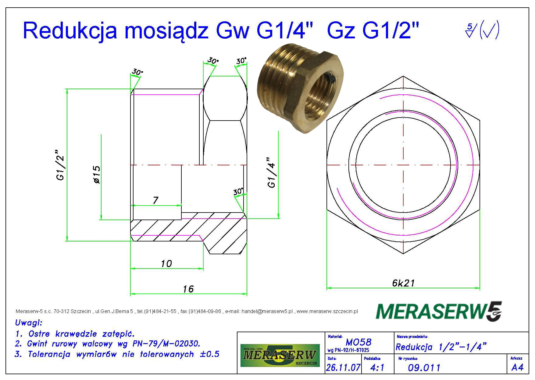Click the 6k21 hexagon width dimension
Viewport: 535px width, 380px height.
pos(403,283)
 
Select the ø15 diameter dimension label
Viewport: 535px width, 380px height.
pos(97,175)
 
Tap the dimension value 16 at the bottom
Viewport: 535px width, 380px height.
pos(188,289)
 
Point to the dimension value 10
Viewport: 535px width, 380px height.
pos(166,263)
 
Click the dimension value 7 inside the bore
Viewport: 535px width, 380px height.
pos(155,200)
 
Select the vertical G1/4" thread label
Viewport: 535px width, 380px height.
pos(271,172)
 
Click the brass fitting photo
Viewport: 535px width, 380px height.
pos(301,92)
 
